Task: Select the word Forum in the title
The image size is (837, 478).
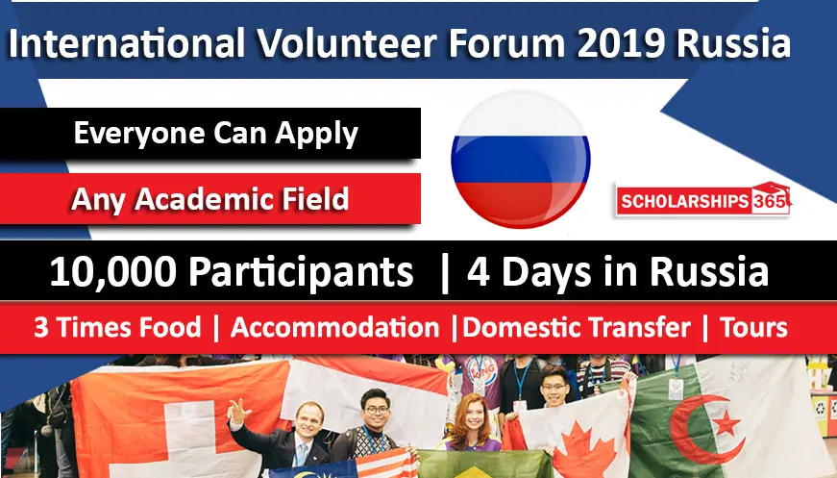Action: pyautogui.click(x=506, y=42)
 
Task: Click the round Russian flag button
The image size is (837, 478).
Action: pyautogui.click(x=521, y=159)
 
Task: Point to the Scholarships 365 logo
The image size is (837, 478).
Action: pyautogui.click(x=703, y=200)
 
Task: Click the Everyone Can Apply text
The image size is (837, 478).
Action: pyautogui.click(x=215, y=134)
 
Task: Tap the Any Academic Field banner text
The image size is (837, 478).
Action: pyautogui.click(x=209, y=200)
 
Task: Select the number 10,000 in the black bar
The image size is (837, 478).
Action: pyautogui.click(x=112, y=272)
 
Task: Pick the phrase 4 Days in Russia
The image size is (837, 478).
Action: pyautogui.click(x=618, y=272)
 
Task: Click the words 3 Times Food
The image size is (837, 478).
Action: pyautogui.click(x=117, y=327)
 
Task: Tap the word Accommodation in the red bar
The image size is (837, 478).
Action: pyautogui.click(x=334, y=327)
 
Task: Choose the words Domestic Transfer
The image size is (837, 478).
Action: pyautogui.click(x=577, y=327)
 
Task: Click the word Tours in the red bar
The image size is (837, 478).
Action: pyautogui.click(x=753, y=327)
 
